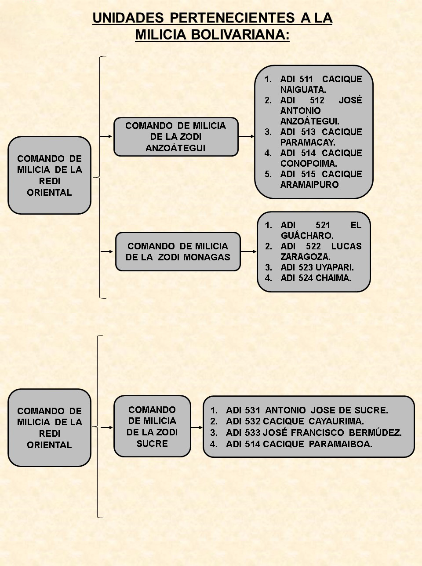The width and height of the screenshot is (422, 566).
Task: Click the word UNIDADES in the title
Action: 128,18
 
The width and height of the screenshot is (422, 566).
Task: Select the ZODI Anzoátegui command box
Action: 176,137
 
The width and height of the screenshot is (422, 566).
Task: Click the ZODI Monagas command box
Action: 178,252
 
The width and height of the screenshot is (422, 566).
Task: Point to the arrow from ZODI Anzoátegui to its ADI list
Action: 246,136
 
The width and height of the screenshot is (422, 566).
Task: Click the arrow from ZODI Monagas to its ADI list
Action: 249,252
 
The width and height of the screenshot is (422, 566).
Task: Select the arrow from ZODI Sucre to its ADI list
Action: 197,427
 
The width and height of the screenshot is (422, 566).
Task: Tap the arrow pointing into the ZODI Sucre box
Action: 107,427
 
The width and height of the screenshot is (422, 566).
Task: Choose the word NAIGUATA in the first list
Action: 303,90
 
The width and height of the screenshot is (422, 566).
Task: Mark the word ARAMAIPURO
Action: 309,185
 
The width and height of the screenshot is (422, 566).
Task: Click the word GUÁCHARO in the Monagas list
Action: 307,235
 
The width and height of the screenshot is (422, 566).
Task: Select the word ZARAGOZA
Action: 306,257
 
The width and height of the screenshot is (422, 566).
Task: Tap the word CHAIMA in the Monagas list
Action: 333,278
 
